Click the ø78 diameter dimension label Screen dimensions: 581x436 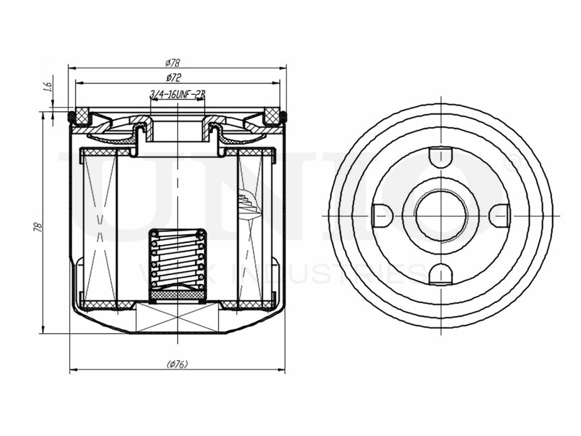pos(174,62)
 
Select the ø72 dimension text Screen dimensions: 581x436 pos(174,77)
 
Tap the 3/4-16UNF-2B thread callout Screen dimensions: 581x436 pos(177,94)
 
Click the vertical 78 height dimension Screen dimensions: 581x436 pos(39,226)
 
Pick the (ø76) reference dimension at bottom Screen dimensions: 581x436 pos(177,364)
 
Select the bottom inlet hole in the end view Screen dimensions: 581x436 pos(441,274)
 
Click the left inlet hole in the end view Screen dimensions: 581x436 pos(381,214)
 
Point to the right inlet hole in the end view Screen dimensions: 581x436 pos(501,214)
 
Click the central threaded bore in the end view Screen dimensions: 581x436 pos(441,214)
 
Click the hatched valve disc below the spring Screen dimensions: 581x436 pos(177,296)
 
